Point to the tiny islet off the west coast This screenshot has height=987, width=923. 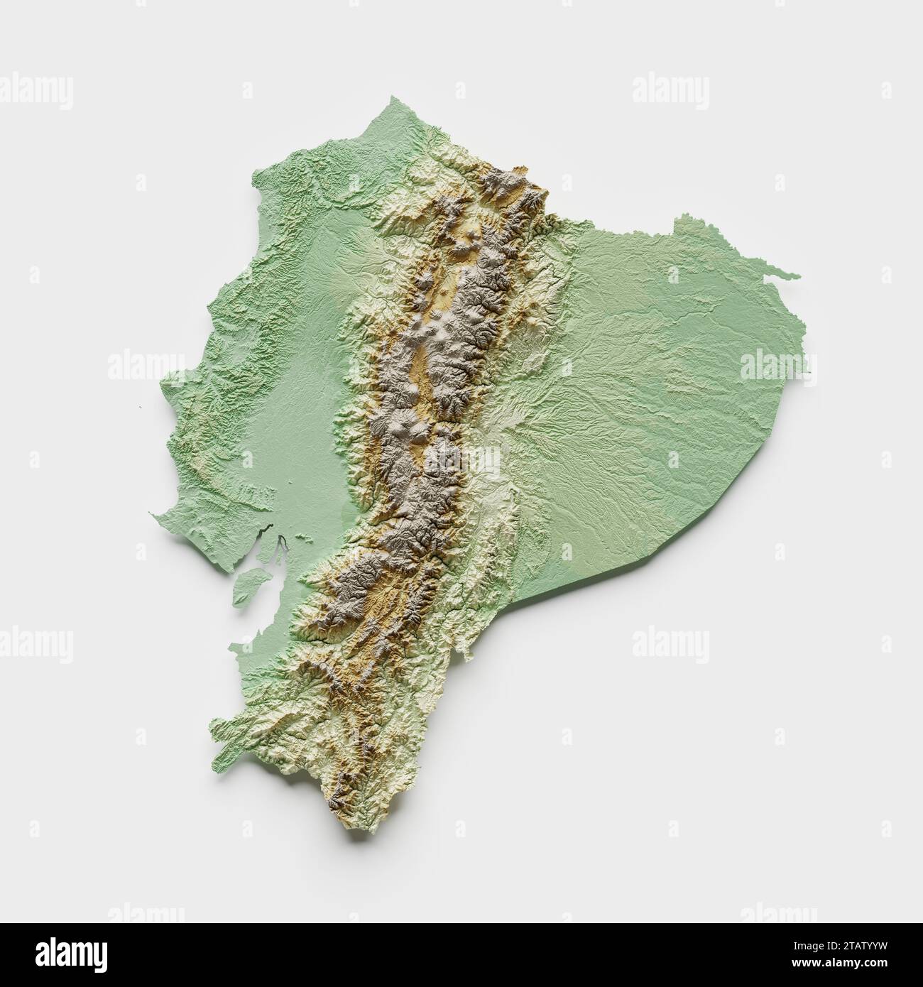141,406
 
